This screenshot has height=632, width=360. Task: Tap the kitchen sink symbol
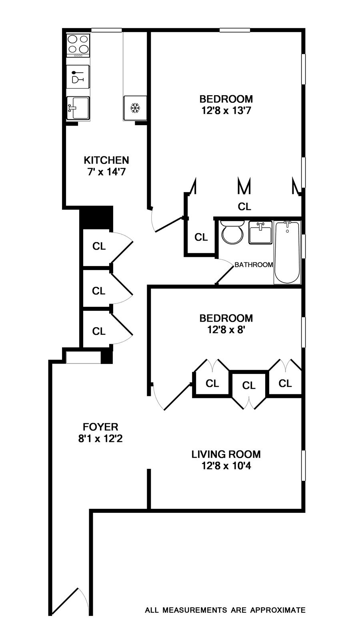[x=78, y=108]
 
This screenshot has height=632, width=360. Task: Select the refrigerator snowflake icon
[x=135, y=108]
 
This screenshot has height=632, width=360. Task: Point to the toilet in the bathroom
[x=232, y=233]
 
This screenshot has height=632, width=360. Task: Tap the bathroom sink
[x=260, y=232]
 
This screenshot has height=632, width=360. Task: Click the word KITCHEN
[x=106, y=160]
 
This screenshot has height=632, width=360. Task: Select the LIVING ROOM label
[x=226, y=454]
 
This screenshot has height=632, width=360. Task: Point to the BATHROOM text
[x=254, y=265]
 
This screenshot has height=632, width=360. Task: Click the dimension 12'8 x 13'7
[x=226, y=110]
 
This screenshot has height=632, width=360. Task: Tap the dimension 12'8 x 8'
[x=226, y=330]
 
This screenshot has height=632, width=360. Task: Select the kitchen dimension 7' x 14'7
[x=106, y=172]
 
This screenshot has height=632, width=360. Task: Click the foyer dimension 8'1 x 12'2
[x=100, y=438]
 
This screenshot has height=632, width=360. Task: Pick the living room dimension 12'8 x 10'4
[x=226, y=466]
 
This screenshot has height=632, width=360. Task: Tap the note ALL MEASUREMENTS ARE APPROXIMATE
[x=225, y=610]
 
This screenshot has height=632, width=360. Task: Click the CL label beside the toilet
[x=201, y=237]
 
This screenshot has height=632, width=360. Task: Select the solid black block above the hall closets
[x=96, y=217]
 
